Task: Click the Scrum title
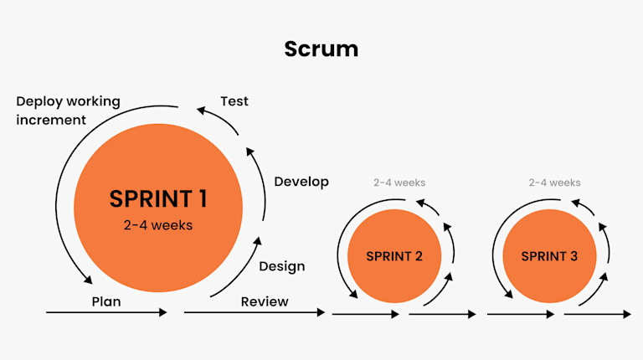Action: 321,49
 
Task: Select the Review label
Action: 265,301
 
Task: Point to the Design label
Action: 281,266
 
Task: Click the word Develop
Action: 301,182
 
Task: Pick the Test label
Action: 234,101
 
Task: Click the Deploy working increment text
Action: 68,111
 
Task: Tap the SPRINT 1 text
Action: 158,198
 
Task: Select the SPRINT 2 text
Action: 394,256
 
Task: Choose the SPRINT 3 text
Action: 549,256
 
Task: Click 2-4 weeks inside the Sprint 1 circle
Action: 158,224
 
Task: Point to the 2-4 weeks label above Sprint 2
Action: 399,183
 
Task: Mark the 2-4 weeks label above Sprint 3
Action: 554,183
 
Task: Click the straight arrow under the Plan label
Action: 106,312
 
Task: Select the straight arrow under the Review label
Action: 254,312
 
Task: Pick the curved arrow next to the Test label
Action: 222,117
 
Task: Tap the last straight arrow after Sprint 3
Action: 598,315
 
